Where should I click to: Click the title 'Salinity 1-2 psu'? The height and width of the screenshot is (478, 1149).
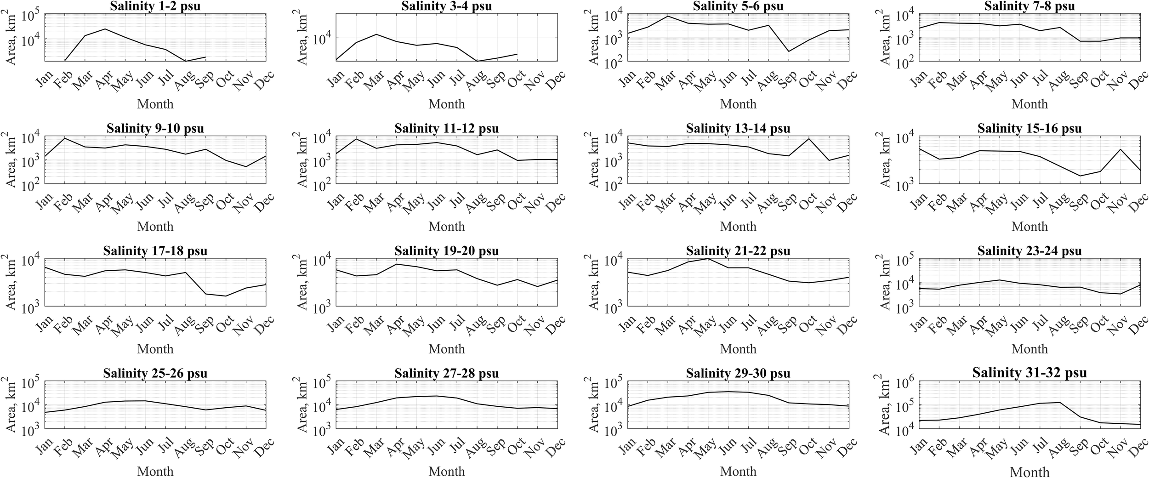pyautogui.click(x=155, y=6)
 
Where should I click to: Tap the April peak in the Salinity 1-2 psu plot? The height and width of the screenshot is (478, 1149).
pyautogui.click(x=105, y=29)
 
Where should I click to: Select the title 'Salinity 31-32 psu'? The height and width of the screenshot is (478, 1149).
pyautogui.click(x=1030, y=373)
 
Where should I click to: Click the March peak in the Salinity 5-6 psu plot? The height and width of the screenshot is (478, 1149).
pyautogui.click(x=668, y=16)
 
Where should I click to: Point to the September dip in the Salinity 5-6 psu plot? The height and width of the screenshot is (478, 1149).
pyautogui.click(x=789, y=51)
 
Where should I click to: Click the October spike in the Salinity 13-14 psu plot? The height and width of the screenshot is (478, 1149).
pyautogui.click(x=809, y=139)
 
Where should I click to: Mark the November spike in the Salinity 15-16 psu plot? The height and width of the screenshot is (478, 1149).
pyautogui.click(x=1121, y=149)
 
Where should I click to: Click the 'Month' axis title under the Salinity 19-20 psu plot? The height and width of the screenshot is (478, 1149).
pyautogui.click(x=447, y=349)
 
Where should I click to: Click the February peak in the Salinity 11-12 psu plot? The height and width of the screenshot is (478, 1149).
pyautogui.click(x=356, y=139)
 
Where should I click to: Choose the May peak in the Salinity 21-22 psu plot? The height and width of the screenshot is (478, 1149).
pyautogui.click(x=708, y=258)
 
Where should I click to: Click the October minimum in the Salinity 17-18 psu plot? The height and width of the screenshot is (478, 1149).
pyautogui.click(x=226, y=296)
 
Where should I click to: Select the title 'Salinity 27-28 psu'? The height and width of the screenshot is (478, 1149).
pyautogui.click(x=447, y=373)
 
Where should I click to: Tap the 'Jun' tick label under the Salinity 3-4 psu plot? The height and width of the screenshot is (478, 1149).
pyautogui.click(x=436, y=79)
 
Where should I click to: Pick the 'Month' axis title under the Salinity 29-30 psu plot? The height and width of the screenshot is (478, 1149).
pyautogui.click(x=738, y=471)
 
